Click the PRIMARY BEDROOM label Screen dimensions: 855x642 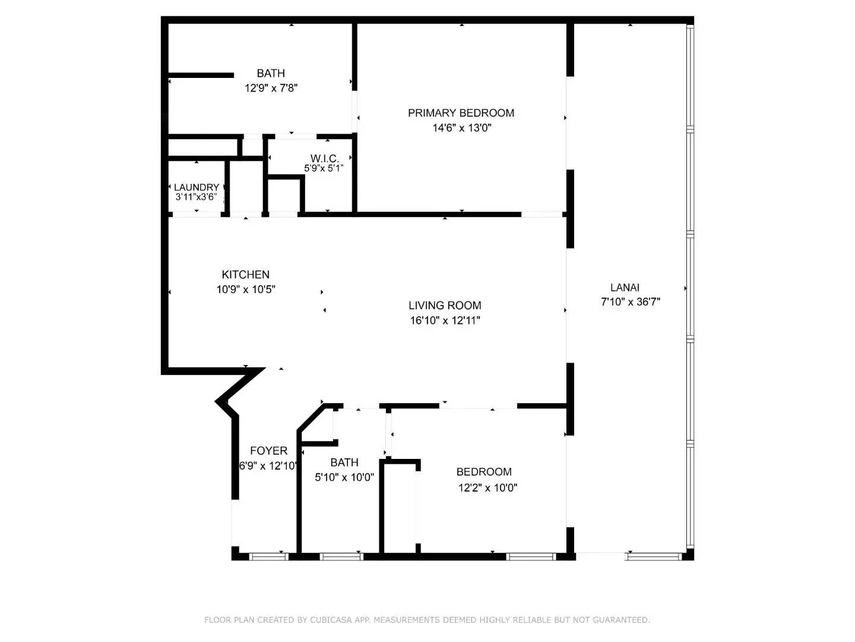click(x=461, y=113)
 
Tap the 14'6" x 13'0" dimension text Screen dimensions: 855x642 click(x=461, y=128)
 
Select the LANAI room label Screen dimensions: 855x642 click(x=625, y=287)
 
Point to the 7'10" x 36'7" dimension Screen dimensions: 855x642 click(x=630, y=302)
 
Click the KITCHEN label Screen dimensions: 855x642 click(x=245, y=275)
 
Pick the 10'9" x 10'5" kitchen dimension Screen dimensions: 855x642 click(x=246, y=289)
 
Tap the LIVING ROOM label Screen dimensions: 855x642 click(x=445, y=305)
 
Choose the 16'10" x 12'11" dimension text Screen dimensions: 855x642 click(x=445, y=320)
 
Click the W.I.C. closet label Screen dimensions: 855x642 click(x=324, y=159)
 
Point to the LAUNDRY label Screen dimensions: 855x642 click(x=197, y=187)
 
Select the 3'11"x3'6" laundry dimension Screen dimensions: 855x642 click(x=196, y=197)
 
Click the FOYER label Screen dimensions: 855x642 click(x=268, y=451)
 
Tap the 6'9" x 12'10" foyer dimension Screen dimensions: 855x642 click(x=268, y=466)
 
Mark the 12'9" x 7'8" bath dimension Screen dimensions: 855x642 click(x=271, y=88)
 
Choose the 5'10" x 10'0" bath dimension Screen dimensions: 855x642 click(x=344, y=477)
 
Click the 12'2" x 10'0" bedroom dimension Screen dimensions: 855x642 click(x=487, y=487)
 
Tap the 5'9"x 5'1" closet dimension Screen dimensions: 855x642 click(x=324, y=168)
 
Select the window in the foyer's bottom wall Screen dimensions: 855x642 click(x=269, y=556)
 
